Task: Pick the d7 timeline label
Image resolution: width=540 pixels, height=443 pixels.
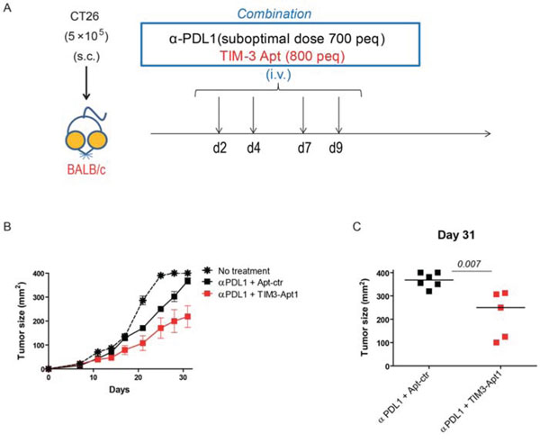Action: pyautogui.click(x=303, y=147)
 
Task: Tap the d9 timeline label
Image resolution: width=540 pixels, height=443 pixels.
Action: pyautogui.click(x=337, y=147)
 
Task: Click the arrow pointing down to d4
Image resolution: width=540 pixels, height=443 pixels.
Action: pyautogui.click(x=254, y=117)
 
